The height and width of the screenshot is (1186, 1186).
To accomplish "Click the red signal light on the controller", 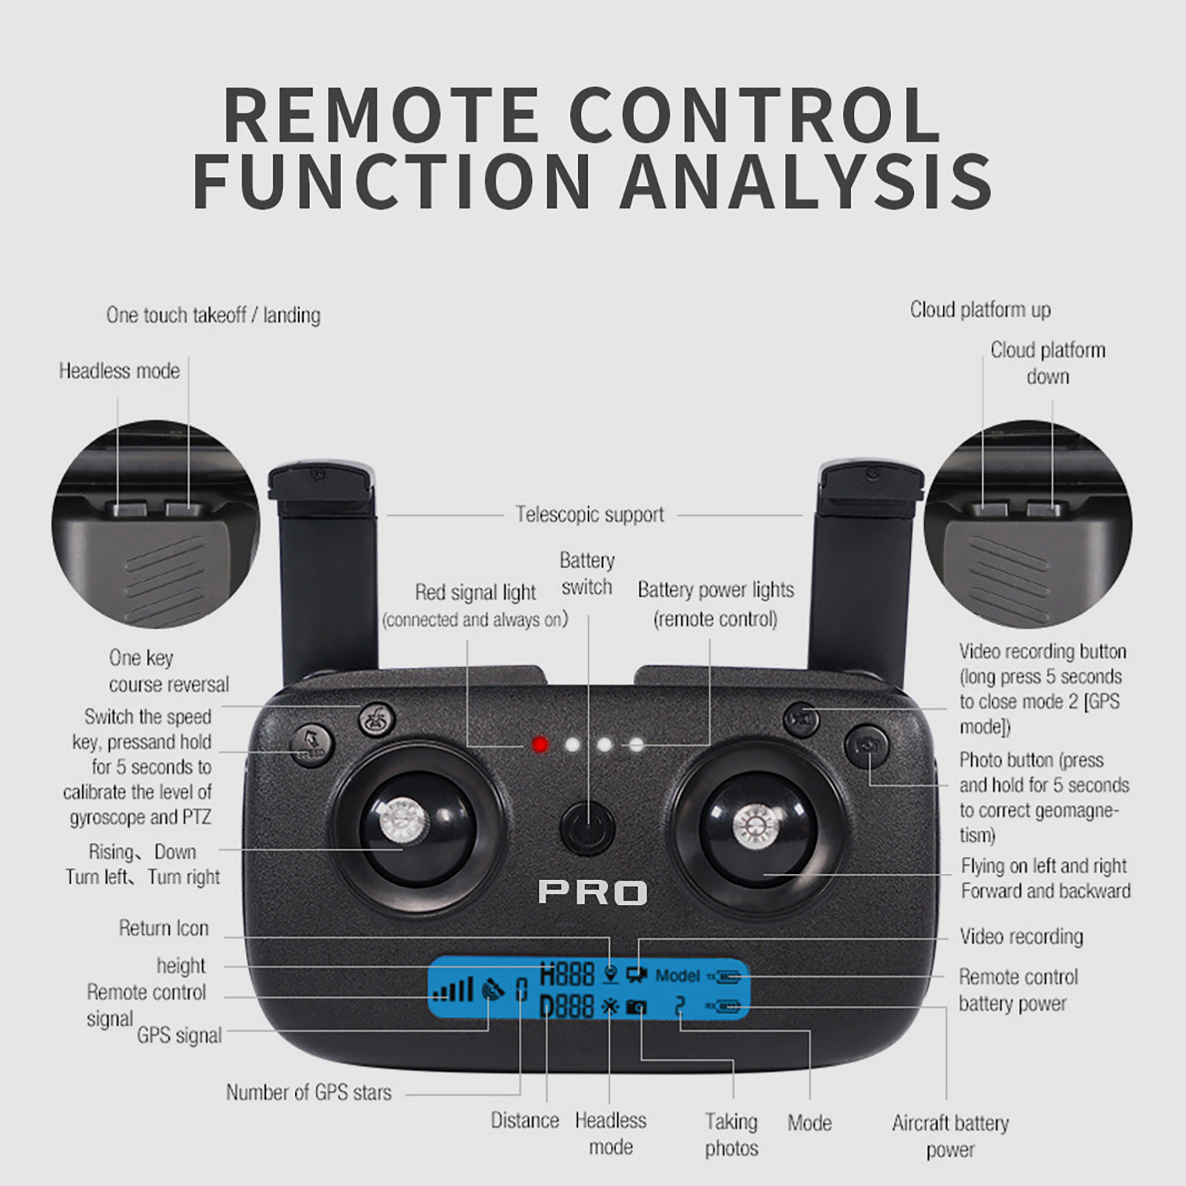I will coord(540,744).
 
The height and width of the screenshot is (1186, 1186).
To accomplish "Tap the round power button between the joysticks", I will coord(588,827).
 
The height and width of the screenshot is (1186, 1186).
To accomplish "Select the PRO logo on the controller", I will coord(592,892).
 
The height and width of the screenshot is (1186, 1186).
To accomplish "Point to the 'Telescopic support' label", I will coord(590,514).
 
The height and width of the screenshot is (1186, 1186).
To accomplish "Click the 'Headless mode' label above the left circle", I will coord(119,371).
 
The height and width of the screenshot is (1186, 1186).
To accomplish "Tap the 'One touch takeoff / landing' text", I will coord(213,315).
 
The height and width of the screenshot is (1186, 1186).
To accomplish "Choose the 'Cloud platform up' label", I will coord(980,310).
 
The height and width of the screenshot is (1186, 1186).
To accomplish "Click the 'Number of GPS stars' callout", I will coord(308,1092).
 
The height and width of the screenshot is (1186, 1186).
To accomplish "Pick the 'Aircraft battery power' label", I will coord(950,1136).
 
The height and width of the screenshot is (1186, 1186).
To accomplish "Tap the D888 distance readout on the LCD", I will coord(567,1007).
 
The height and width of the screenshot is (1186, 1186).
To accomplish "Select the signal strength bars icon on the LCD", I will coord(453,990).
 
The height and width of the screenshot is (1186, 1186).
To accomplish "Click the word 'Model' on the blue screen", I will coord(678,975).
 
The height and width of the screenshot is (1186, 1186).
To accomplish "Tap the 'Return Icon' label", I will coord(164,928).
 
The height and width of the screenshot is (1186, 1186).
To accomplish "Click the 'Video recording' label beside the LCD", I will coord(1021,937).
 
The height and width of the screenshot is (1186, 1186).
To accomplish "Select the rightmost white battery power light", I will coord(636,744).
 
